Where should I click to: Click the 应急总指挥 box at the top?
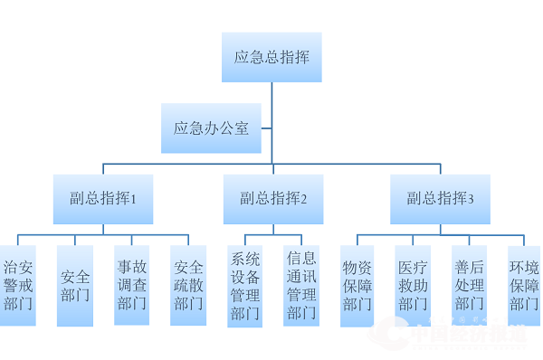click(271, 57)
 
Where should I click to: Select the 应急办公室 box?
click(211, 128)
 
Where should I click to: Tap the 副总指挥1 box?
click(102, 199)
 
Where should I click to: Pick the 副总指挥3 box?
click(440, 199)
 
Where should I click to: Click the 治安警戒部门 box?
click(18, 285)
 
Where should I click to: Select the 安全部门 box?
click(75, 285)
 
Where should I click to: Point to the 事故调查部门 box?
click(131, 285)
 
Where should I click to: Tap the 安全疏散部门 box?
click(188, 285)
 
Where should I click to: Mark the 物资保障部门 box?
click(357, 285)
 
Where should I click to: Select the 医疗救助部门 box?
click(413, 285)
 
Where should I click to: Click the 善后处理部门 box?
click(469, 285)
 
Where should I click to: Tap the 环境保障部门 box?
click(524, 285)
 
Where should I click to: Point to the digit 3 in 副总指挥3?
click(471, 200)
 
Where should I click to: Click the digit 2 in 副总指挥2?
click(304, 200)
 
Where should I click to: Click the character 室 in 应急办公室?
click(242, 128)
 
